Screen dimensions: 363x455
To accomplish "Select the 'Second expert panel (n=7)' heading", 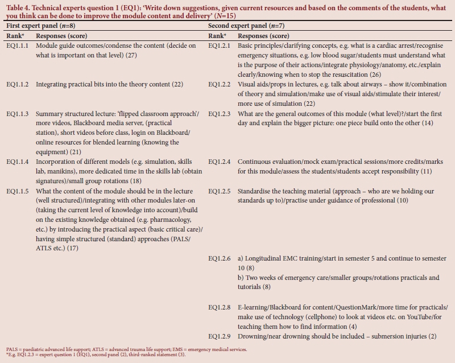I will [244, 26].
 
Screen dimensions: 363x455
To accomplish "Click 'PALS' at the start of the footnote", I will [11, 349].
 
